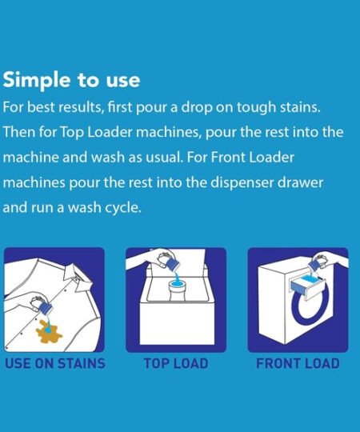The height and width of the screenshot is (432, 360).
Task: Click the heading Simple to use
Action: coord(71,80)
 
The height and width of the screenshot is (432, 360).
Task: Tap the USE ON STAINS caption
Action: coord(55,363)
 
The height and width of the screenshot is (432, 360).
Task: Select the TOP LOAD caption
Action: coord(176,363)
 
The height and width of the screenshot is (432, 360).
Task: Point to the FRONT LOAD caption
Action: coord(298,363)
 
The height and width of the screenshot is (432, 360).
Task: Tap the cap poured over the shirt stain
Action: coord(45,309)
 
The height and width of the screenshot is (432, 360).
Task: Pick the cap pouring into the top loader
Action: coord(173,262)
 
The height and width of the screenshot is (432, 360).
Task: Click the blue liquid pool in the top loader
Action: coord(176,283)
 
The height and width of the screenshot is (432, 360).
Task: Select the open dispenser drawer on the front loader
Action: coord(306,286)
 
